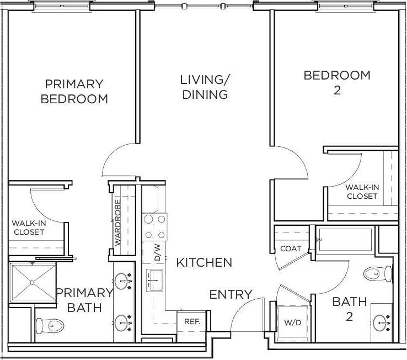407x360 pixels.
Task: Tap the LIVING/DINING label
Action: tap(204, 87)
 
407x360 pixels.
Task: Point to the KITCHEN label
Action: tap(204, 263)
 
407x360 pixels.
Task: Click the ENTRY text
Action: tap(231, 295)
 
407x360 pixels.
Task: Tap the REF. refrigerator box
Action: tap(191, 322)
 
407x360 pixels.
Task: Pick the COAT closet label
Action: tap(291, 248)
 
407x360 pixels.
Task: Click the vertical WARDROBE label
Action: tap(117, 222)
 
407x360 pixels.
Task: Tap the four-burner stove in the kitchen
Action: tap(155, 226)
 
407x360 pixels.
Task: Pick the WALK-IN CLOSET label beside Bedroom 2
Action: tap(362, 192)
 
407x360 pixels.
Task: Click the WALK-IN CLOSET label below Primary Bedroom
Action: tap(29, 227)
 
